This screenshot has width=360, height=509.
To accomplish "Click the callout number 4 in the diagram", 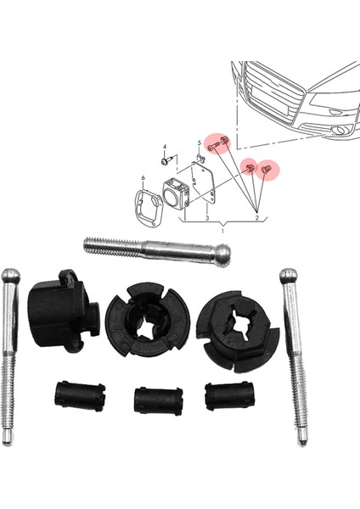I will pyautogui.click(x=166, y=147).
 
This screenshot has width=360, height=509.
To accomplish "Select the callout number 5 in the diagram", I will pyautogui.click(x=200, y=143).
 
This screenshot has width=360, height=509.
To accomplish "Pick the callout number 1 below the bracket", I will pyautogui.click(x=222, y=232).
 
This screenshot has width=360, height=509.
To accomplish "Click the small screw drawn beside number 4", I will pyautogui.click(x=166, y=159).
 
